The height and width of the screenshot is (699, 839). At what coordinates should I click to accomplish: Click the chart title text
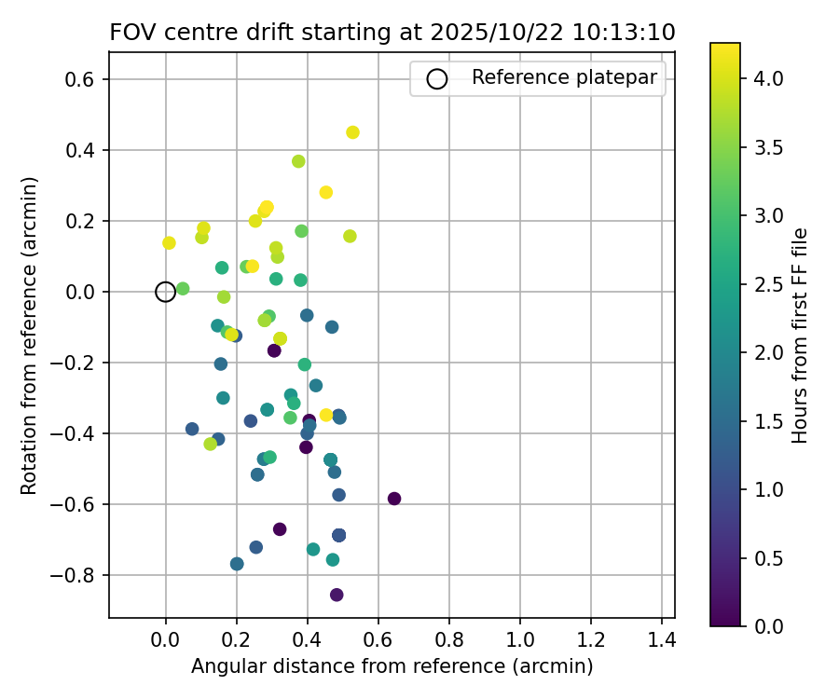[392, 32]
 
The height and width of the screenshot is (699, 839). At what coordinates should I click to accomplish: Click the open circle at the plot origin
[165, 292]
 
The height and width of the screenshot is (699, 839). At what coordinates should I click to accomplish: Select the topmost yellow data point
[352, 132]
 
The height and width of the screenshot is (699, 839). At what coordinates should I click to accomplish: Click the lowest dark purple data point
[337, 595]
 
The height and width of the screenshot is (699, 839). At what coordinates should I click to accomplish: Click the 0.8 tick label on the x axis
[449, 642]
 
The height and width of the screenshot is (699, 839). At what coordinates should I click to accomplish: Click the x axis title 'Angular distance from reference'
[392, 667]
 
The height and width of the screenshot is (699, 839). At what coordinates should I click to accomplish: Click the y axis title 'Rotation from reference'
[29, 336]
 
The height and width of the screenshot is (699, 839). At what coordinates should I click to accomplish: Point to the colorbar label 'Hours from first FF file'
[799, 336]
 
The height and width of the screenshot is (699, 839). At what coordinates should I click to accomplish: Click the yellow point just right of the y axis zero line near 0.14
[169, 243]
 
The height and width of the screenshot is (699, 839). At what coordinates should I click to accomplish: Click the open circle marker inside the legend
[437, 79]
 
